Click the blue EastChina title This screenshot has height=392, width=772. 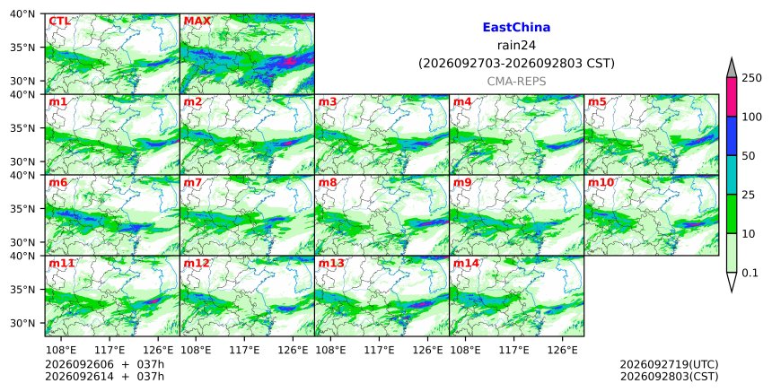(x=516, y=28)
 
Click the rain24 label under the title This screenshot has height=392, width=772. (x=516, y=45)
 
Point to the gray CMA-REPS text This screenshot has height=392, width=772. (x=516, y=82)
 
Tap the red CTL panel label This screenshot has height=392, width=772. (x=59, y=22)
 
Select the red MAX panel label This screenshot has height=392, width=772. (x=197, y=22)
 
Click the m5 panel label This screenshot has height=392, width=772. (x=597, y=101)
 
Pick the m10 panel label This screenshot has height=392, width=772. (x=601, y=182)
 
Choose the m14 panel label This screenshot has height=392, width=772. (x=466, y=263)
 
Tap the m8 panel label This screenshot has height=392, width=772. (x=328, y=182)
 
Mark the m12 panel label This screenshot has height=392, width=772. (x=197, y=263)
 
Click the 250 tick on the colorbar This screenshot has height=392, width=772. (x=751, y=78)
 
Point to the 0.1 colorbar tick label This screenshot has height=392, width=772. (x=750, y=273)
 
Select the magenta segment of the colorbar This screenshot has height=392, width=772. (x=731, y=97)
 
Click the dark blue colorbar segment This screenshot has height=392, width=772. (x=731, y=135)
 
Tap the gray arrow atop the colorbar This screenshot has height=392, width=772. (x=731, y=67)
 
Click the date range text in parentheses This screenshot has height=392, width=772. (x=516, y=64)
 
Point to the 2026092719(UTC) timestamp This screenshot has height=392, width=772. (x=669, y=364)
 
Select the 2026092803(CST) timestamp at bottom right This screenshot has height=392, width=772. (x=669, y=377)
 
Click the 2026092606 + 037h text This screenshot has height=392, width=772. (x=104, y=364)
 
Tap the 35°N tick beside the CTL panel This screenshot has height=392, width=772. (x=22, y=48)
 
